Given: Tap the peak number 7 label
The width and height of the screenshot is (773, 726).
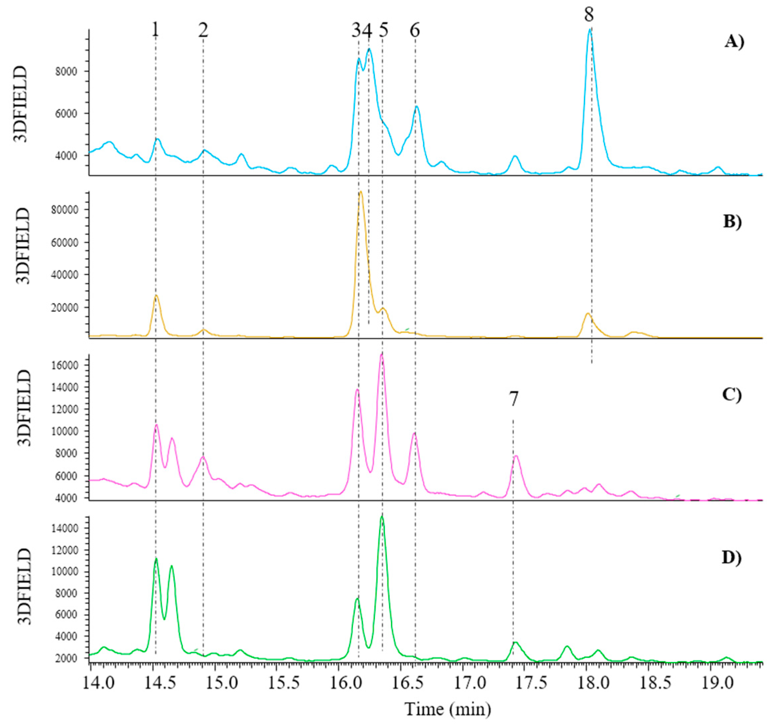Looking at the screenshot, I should (514, 399).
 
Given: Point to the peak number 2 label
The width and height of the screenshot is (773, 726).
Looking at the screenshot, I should (203, 30).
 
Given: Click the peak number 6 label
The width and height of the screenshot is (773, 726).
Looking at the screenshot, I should (415, 30).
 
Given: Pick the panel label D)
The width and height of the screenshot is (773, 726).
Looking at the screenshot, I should (732, 557).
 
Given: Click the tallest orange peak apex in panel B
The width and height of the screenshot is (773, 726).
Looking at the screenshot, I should (361, 192).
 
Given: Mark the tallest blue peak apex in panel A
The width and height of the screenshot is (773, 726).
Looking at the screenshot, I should (590, 29).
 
